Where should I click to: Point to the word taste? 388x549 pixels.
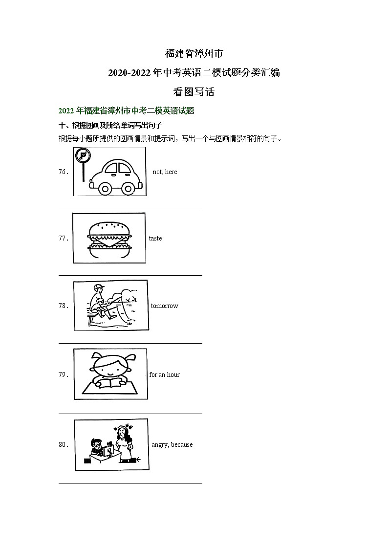click(155, 239)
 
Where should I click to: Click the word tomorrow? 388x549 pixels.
click(165, 306)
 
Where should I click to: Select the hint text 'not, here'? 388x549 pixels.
click(165, 172)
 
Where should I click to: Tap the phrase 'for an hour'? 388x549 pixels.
click(164, 375)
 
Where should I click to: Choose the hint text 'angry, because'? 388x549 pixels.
click(172, 445)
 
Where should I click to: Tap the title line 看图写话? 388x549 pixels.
click(194, 91)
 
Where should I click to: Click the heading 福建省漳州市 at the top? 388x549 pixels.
click(194, 53)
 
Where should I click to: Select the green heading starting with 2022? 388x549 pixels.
click(126, 111)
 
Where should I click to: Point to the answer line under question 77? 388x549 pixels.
click(130, 275)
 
